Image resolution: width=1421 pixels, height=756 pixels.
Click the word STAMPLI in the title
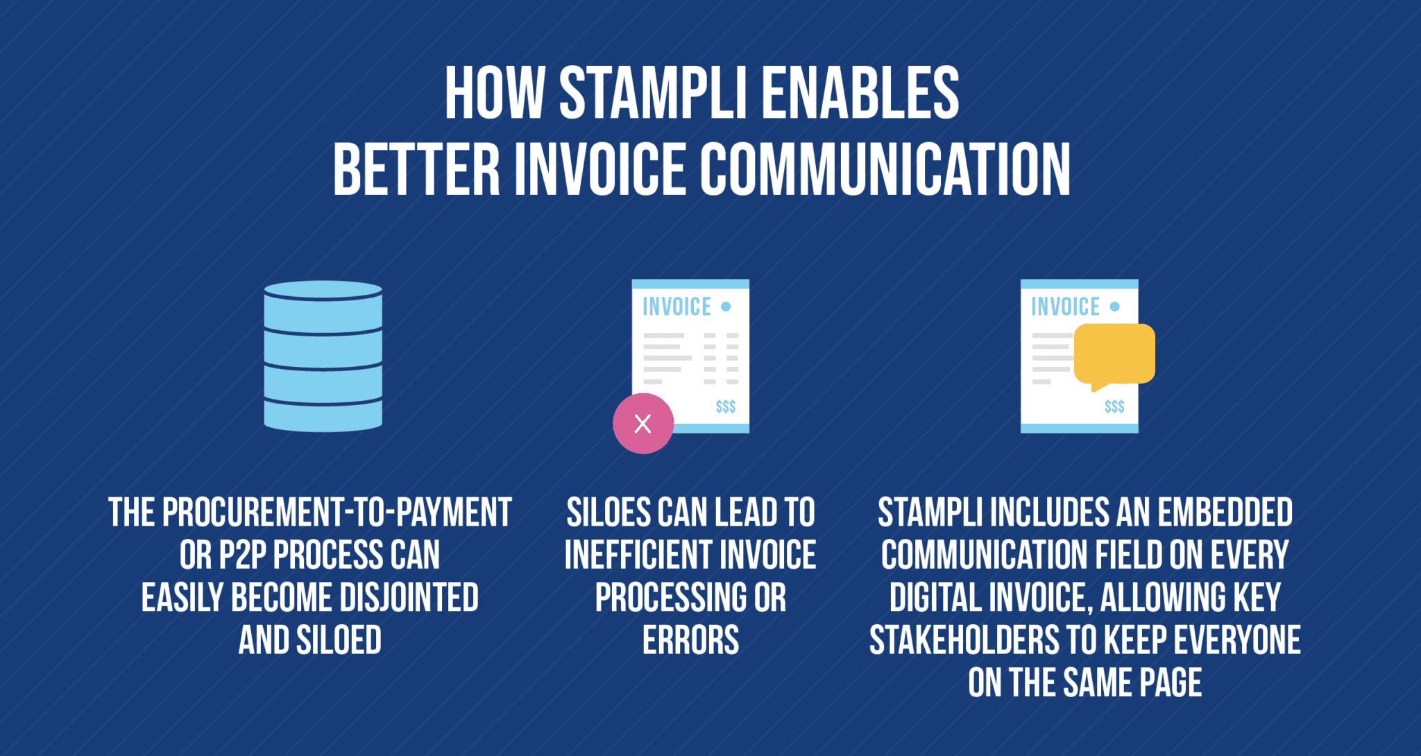653,93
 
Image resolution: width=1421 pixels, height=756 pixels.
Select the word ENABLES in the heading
860,93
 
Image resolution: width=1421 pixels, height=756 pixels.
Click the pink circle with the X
643,423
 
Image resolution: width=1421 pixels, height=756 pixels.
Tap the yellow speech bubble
1114,353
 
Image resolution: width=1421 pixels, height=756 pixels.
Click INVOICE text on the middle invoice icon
677,307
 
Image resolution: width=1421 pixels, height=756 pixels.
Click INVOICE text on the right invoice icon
1065,307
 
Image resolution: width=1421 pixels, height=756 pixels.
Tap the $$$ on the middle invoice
726,406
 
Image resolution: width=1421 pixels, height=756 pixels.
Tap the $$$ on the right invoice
1114,406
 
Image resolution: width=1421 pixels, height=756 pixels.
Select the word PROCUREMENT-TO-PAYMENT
337,513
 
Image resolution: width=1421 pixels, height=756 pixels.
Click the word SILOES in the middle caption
609,513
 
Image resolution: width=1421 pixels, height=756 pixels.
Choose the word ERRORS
690,640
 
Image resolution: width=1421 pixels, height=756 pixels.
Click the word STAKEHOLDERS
964,640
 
